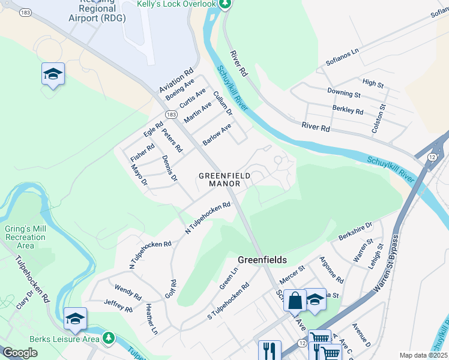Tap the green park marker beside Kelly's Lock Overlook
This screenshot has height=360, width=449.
pos(225,4)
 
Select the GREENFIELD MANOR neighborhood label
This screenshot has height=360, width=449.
pos(224,179)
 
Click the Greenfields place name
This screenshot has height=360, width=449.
pos(262,260)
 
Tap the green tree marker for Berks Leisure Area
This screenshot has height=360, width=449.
pos(109,338)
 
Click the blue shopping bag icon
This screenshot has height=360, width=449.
pos(295,299)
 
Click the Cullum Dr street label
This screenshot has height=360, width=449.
pos(222,104)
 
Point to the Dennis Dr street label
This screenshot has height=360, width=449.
pos(170,169)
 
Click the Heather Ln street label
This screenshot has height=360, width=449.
pos(151,319)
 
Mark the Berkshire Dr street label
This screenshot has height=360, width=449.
pos(355,229)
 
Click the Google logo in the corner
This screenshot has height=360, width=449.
pos(20,353)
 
